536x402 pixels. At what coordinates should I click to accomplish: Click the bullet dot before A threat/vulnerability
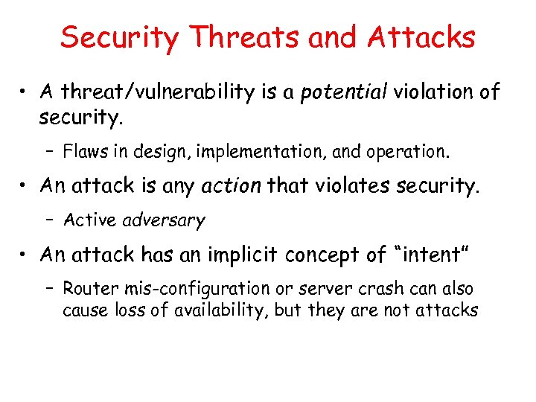pyautogui.click(x=25, y=93)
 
